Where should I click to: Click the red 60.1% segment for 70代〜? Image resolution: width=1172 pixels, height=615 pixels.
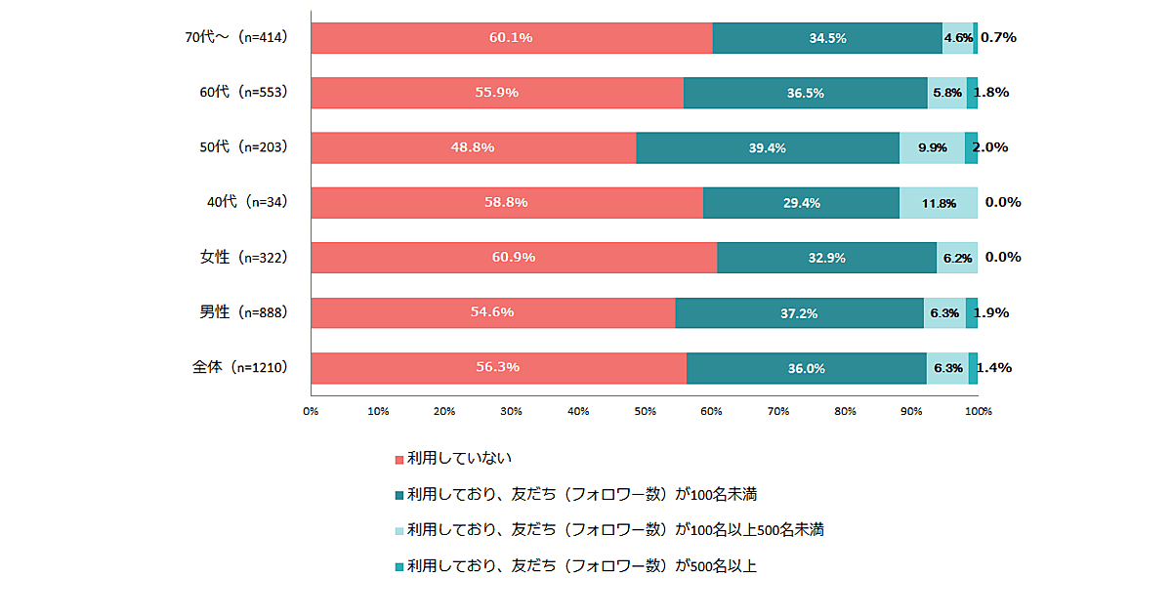(511, 38)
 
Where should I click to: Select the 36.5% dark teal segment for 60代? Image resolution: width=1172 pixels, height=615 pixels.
(805, 93)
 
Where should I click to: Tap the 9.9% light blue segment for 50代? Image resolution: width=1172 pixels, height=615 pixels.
(932, 147)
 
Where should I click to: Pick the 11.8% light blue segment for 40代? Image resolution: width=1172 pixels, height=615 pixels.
(938, 203)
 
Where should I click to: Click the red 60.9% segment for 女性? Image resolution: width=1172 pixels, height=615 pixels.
(513, 258)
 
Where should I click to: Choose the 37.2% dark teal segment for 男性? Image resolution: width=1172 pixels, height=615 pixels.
(799, 313)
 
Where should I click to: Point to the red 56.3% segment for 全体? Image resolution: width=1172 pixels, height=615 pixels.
(498, 368)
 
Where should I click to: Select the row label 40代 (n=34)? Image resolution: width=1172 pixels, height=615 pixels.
(245, 203)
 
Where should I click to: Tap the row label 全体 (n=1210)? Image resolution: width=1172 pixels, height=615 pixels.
(238, 368)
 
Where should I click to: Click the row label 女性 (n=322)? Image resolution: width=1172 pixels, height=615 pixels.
(242, 258)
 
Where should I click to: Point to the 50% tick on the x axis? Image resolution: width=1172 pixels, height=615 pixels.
(645, 411)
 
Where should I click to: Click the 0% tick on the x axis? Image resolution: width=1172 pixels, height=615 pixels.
(311, 411)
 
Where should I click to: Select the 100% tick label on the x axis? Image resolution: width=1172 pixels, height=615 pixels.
(978, 411)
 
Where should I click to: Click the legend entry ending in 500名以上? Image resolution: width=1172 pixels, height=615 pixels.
(581, 565)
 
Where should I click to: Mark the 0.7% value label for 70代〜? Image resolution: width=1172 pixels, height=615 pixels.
(998, 37)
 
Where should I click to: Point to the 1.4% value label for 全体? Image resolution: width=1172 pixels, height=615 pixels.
(994, 368)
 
